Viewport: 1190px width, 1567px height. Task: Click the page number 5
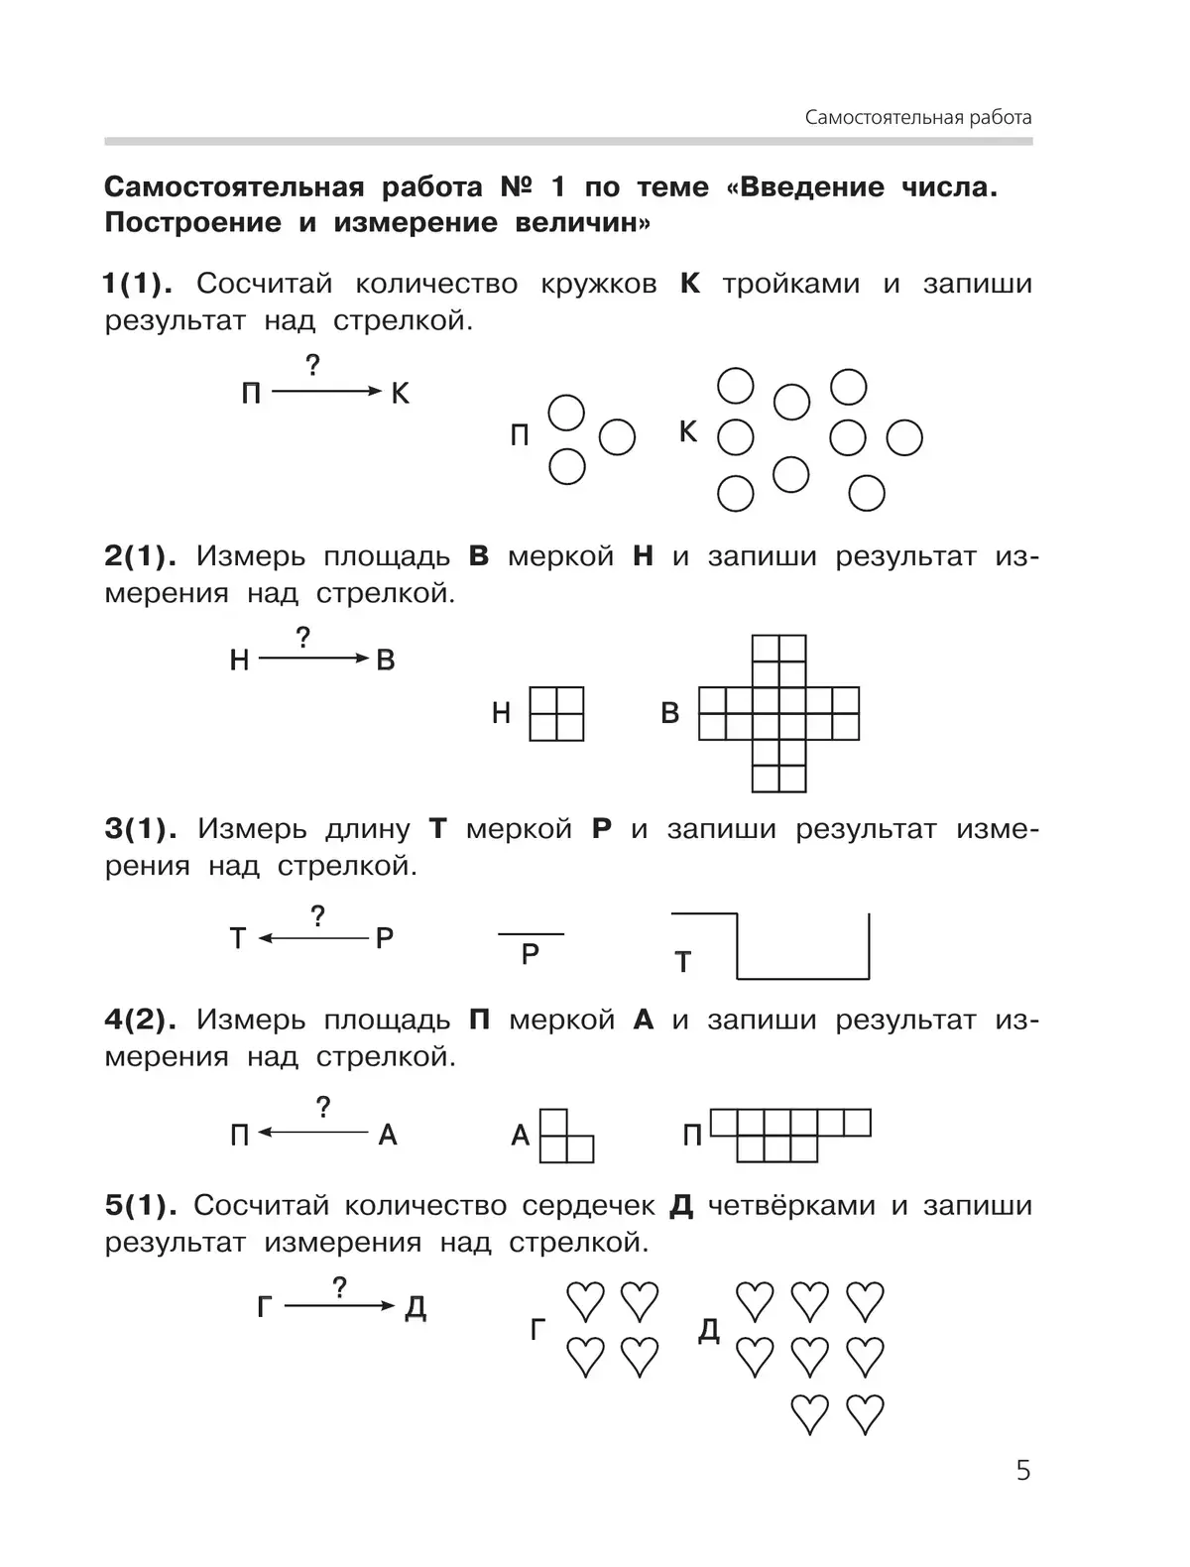tap(1023, 1470)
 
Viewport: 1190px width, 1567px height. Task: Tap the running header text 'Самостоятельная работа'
tap(918, 118)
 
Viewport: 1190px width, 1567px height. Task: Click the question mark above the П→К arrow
tap(313, 365)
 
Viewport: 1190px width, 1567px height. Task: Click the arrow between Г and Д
tap(339, 1306)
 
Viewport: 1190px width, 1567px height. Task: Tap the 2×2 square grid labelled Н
tap(556, 714)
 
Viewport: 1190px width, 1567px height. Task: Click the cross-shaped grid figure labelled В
tap(779, 714)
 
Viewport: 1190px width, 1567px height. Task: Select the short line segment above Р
tap(531, 934)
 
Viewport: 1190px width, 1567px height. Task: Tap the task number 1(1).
tap(138, 284)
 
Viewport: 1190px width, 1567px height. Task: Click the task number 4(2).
tap(140, 1020)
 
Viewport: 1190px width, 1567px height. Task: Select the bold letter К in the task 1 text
tap(690, 284)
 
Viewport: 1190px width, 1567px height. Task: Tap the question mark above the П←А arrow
tap(322, 1107)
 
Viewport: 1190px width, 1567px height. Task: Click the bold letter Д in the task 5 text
tap(681, 1206)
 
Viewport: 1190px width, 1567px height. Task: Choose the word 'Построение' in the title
tap(192, 222)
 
